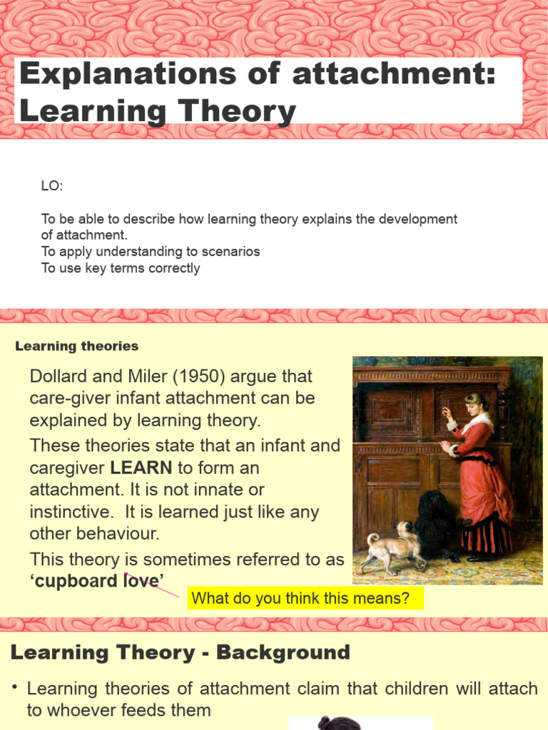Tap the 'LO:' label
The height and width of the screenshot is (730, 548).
(51, 186)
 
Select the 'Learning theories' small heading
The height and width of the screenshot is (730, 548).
(77, 346)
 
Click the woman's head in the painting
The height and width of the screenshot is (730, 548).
(474, 403)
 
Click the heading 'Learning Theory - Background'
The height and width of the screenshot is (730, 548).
(181, 652)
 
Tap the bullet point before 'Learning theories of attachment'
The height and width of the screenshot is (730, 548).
(14, 688)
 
